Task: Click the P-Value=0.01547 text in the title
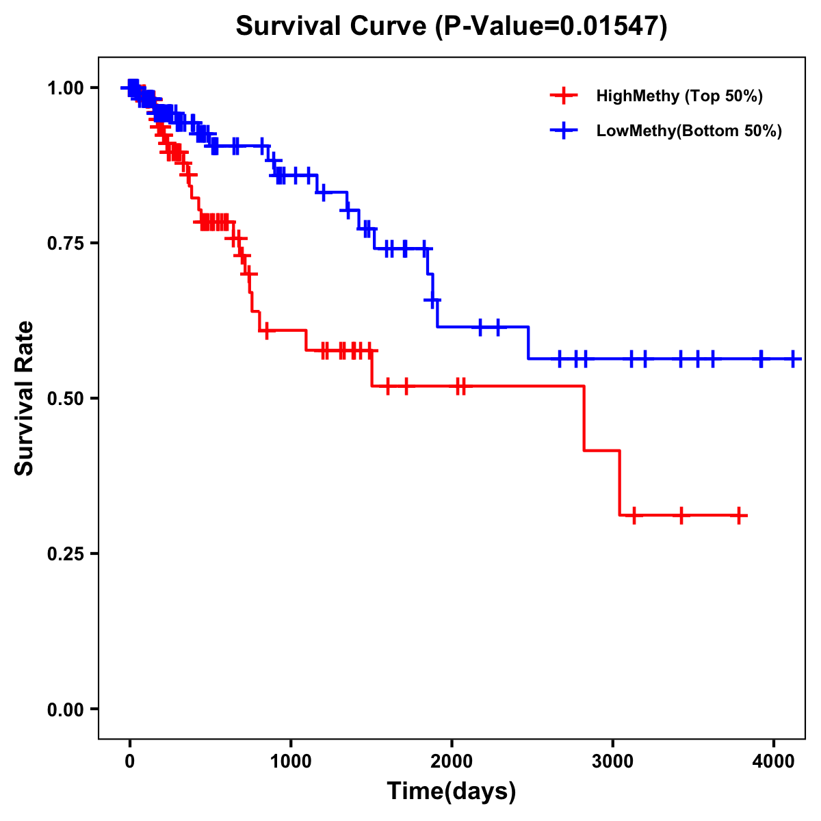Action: (x=551, y=26)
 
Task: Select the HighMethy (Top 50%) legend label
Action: (x=679, y=96)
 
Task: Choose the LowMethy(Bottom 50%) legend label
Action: (x=689, y=131)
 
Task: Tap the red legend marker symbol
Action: (x=563, y=96)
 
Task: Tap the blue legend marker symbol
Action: (x=563, y=131)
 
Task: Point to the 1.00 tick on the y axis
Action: (x=64, y=88)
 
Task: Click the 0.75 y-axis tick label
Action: (x=64, y=243)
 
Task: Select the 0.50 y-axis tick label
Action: (x=64, y=398)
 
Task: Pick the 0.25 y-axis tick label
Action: (x=64, y=553)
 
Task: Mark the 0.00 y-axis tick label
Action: (x=64, y=709)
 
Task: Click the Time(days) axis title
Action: (x=452, y=792)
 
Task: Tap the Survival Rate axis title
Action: (x=25, y=398)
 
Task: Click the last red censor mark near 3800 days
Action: (x=739, y=515)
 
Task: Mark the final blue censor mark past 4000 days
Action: (x=793, y=359)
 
